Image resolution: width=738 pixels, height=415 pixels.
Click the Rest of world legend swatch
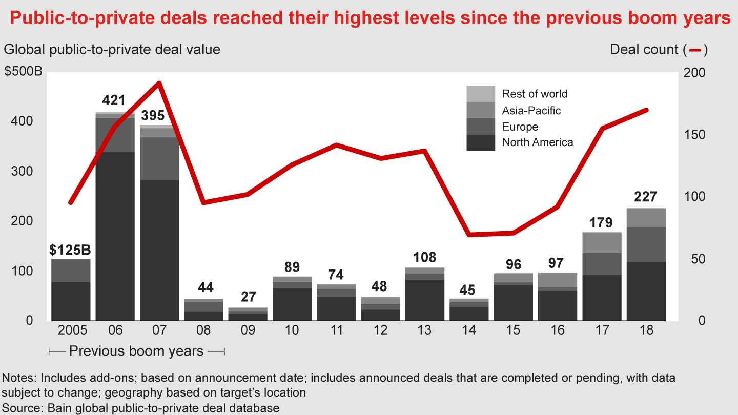tap(481, 94)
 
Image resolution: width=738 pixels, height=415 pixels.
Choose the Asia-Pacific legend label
tap(531, 110)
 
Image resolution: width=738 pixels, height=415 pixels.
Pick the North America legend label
tap(537, 142)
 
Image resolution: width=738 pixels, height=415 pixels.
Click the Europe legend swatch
tap(481, 127)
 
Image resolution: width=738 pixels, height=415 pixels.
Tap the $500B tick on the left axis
tap(24, 72)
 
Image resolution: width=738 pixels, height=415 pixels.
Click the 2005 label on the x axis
tap(71, 330)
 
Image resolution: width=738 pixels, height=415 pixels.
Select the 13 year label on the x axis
tap(424, 330)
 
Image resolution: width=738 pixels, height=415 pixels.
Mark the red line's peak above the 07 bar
tap(159, 83)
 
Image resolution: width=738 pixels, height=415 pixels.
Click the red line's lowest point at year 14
tap(469, 235)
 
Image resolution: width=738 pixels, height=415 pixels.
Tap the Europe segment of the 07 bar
tap(159, 158)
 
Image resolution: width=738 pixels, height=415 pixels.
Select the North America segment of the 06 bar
tap(115, 236)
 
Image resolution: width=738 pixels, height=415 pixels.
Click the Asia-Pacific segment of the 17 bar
tap(601, 243)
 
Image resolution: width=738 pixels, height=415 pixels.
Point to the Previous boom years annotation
tap(136, 351)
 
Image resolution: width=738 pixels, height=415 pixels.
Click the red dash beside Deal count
tap(695, 50)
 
